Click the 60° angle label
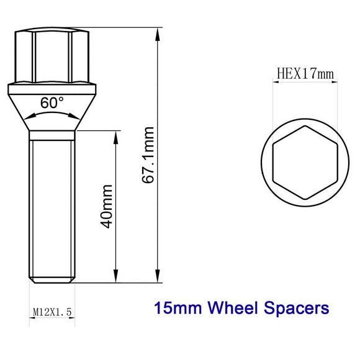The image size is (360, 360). pos(52,103)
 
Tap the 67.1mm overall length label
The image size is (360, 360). pos(148,156)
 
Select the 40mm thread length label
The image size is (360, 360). pos(106,205)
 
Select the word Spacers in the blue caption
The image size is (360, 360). pos(296,307)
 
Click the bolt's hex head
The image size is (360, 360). pos(52,56)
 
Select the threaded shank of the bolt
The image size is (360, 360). pos(52,205)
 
